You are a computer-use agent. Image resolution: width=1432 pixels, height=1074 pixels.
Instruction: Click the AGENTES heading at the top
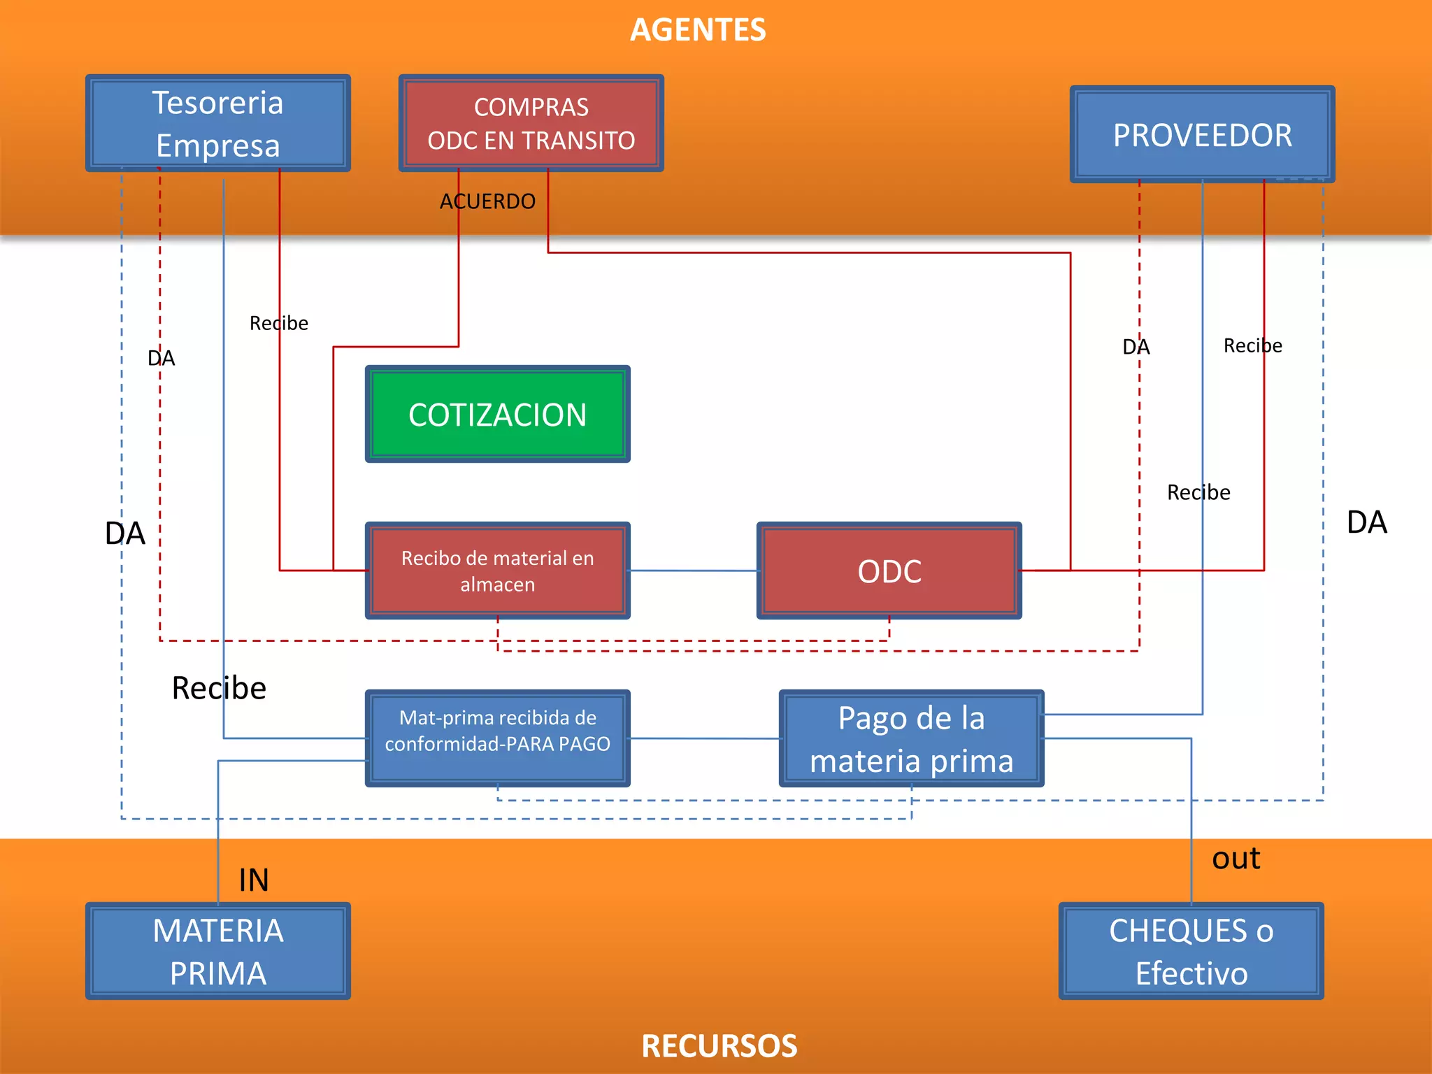click(x=698, y=30)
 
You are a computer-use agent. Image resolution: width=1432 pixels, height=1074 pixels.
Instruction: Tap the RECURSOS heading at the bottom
click(x=719, y=1046)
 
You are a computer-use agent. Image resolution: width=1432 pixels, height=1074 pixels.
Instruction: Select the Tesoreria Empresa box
click(x=217, y=124)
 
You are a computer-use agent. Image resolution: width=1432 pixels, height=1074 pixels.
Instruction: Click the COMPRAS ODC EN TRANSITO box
click(x=531, y=124)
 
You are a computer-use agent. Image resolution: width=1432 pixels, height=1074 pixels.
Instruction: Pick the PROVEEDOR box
click(x=1202, y=135)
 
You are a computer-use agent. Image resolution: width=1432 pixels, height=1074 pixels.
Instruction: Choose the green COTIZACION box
click(x=497, y=415)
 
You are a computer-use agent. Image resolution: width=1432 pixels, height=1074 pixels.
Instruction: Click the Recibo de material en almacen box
click(x=497, y=571)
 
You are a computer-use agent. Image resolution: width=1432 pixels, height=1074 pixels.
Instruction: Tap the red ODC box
click(x=889, y=571)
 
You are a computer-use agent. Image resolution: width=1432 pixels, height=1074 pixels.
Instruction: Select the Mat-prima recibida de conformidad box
click(x=497, y=738)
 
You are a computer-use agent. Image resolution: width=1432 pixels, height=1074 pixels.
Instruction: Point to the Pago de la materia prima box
click(x=911, y=738)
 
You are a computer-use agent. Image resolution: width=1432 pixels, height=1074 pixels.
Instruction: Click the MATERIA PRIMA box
click(x=217, y=951)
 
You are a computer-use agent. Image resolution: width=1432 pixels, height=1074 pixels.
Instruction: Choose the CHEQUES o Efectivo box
click(x=1191, y=951)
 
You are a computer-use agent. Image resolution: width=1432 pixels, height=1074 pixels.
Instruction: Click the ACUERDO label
click(x=487, y=201)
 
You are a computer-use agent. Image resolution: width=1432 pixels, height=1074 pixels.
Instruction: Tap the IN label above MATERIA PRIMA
click(x=254, y=880)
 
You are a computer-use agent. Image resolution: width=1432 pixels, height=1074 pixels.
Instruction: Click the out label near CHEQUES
click(x=1236, y=859)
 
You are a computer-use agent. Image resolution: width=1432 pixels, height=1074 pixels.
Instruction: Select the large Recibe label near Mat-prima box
click(x=219, y=688)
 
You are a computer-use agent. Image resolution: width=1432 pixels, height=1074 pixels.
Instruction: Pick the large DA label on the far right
click(x=1366, y=522)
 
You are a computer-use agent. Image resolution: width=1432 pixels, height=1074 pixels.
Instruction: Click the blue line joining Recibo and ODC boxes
click(x=694, y=571)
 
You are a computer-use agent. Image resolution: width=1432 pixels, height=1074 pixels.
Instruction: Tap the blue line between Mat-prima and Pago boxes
click(x=705, y=738)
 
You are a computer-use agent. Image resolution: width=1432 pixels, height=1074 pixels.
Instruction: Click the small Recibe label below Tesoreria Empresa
click(x=278, y=323)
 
